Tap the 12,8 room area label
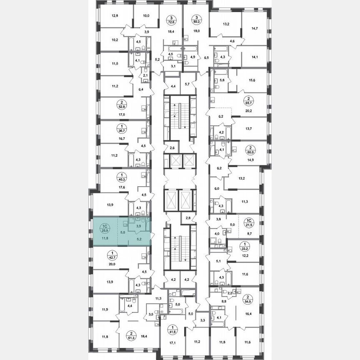115,16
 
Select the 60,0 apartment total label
250,150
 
